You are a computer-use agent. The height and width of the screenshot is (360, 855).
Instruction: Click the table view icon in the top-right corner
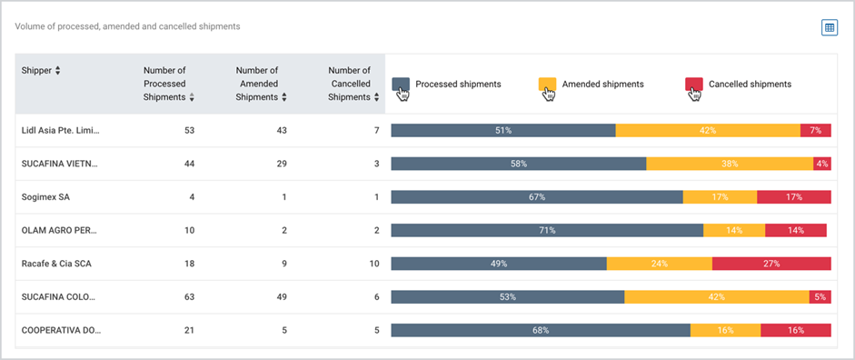[830, 28]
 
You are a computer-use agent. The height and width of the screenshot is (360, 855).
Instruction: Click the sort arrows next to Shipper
[58, 70]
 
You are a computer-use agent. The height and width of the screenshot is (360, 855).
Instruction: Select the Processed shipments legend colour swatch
[401, 85]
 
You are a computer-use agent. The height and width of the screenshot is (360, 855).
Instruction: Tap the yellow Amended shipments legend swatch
[548, 85]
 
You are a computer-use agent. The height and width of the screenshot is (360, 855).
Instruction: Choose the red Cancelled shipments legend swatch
[693, 85]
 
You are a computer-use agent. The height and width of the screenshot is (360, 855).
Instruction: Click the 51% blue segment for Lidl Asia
[503, 130]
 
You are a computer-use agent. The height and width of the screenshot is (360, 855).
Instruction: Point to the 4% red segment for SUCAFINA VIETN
[822, 164]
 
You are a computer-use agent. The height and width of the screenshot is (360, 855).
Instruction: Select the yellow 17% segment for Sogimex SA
[720, 197]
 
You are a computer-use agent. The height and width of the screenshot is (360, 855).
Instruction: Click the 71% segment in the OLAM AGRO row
[548, 230]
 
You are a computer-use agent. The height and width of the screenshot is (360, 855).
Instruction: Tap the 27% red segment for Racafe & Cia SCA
[771, 264]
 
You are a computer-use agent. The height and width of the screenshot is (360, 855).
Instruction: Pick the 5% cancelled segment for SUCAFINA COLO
[820, 296]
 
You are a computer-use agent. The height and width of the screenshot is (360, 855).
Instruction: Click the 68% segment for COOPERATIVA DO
[541, 330]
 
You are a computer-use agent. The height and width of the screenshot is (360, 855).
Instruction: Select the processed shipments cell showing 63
[189, 297]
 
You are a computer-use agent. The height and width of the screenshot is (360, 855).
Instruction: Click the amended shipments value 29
[282, 165]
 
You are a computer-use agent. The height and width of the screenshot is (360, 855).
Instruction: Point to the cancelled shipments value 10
[374, 264]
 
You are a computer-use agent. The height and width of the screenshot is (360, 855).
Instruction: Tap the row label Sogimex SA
[45, 197]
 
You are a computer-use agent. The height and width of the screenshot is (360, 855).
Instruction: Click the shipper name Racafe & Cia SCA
[56, 264]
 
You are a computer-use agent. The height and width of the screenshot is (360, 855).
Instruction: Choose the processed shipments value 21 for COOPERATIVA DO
[189, 331]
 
